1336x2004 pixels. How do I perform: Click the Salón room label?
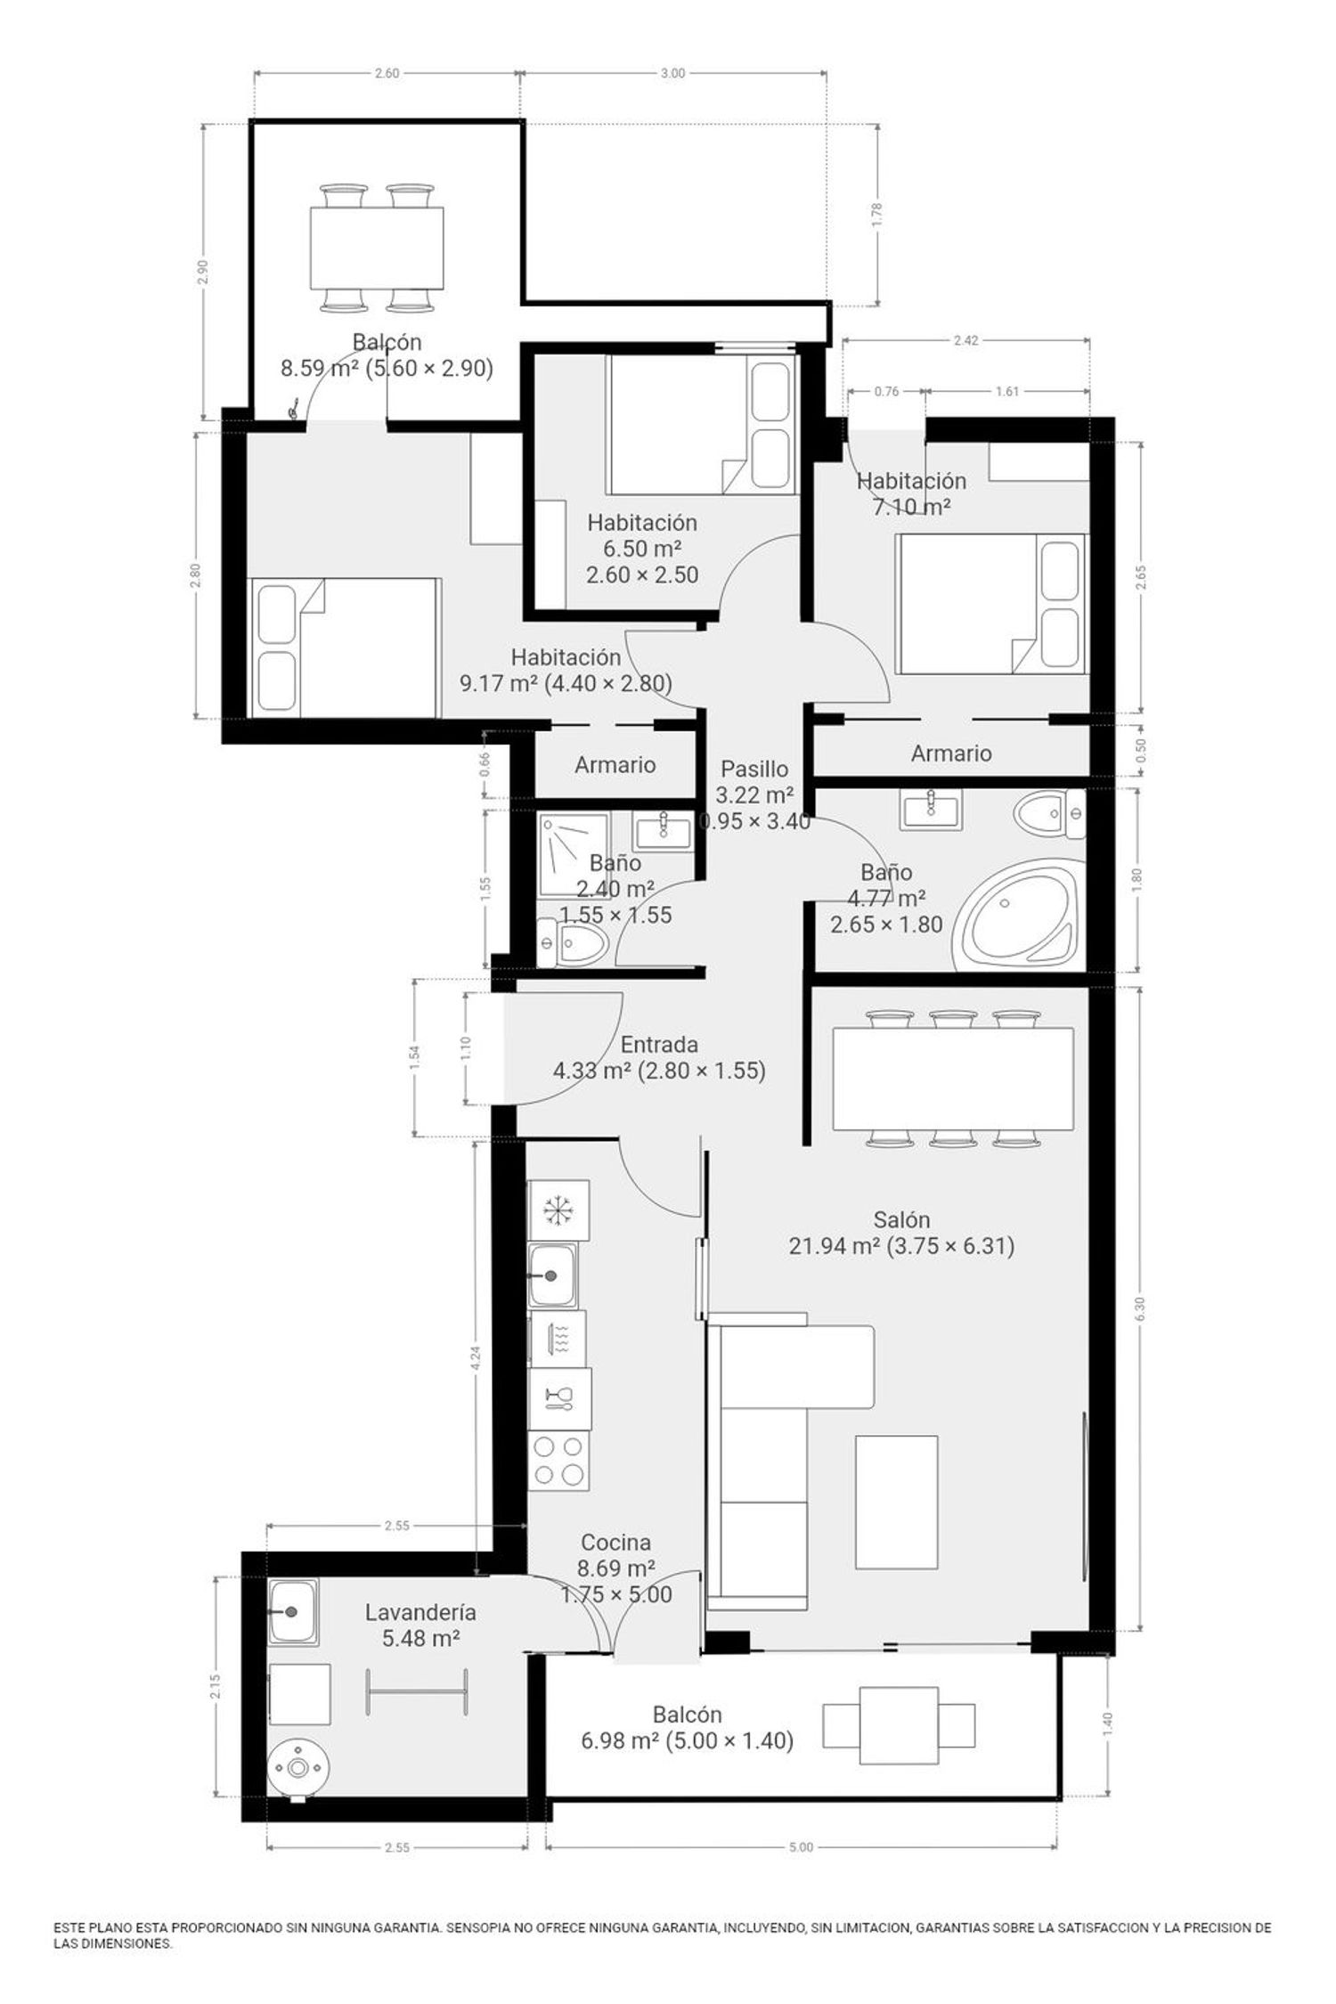pos(901,1219)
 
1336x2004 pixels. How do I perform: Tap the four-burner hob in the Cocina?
pos(558,1461)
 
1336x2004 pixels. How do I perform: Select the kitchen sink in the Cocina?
pos(553,1275)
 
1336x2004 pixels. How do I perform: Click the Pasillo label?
pos(754,769)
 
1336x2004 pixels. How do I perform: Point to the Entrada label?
pos(659,1044)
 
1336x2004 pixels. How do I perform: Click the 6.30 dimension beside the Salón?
pos(1140,1308)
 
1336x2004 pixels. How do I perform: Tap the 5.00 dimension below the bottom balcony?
pos(801,1847)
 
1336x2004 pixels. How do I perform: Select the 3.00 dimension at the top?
pos(673,73)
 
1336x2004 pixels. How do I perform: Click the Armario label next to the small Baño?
pos(615,764)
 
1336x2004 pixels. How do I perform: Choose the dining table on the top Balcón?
pos(378,248)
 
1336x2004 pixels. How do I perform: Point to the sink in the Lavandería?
pos(293,1611)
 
